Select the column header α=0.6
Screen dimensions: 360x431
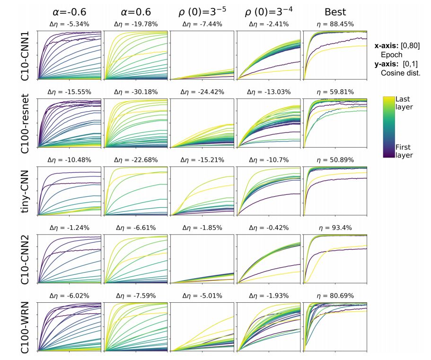pyautogui.click(x=136, y=11)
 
